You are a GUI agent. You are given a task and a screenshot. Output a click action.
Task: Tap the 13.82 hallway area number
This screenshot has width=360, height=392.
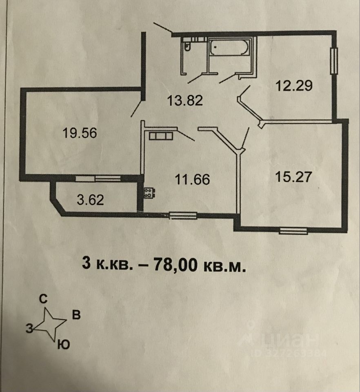coord(185,100)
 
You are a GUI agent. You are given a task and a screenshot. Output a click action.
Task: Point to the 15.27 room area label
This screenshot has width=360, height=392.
coord(293,177)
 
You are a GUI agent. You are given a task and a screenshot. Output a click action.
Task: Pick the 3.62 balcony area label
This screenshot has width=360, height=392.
coord(90,200)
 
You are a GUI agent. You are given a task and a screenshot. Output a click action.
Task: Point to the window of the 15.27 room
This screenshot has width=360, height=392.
coord(293,231)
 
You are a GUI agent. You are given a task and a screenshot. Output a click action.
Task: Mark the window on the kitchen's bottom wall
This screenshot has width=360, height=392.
coord(183,215)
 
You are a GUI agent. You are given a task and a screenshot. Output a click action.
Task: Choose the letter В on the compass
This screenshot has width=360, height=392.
coord(76,315)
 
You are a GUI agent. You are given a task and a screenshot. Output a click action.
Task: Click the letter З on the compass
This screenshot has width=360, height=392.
coord(29,327)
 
